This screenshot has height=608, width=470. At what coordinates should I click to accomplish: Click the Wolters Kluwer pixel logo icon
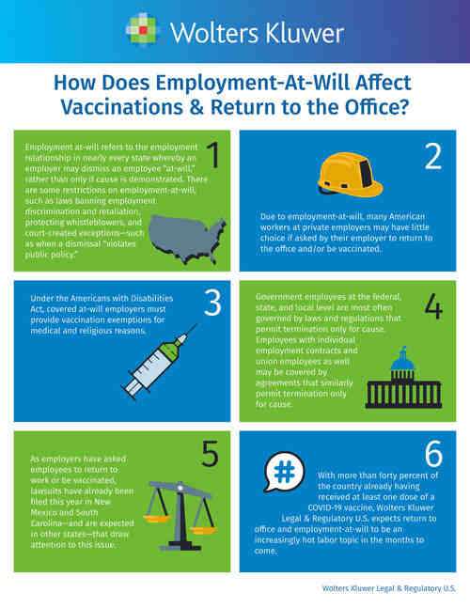click(142, 30)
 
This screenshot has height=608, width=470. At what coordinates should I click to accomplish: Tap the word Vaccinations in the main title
click(122, 107)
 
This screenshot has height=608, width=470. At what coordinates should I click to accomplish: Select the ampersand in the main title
click(197, 107)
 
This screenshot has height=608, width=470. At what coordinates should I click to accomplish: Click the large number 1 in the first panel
click(213, 154)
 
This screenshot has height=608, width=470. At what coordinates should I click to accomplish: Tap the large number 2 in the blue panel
click(433, 156)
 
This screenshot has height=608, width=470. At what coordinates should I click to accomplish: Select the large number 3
click(212, 303)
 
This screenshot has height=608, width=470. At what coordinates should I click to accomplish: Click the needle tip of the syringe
click(196, 325)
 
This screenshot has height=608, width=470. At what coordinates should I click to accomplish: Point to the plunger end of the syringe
click(128, 391)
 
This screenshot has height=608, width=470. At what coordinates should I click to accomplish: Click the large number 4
click(433, 306)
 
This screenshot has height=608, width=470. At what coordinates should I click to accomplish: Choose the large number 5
click(210, 453)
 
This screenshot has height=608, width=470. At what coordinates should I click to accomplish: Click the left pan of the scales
click(157, 518)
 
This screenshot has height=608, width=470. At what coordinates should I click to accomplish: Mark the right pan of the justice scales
click(203, 530)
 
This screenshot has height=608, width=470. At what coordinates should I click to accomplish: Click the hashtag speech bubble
click(284, 472)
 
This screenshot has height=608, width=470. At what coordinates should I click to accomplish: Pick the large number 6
click(433, 453)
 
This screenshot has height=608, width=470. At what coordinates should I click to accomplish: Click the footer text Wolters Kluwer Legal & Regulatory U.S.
click(389, 588)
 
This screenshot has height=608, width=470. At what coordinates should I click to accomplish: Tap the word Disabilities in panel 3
click(151, 298)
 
